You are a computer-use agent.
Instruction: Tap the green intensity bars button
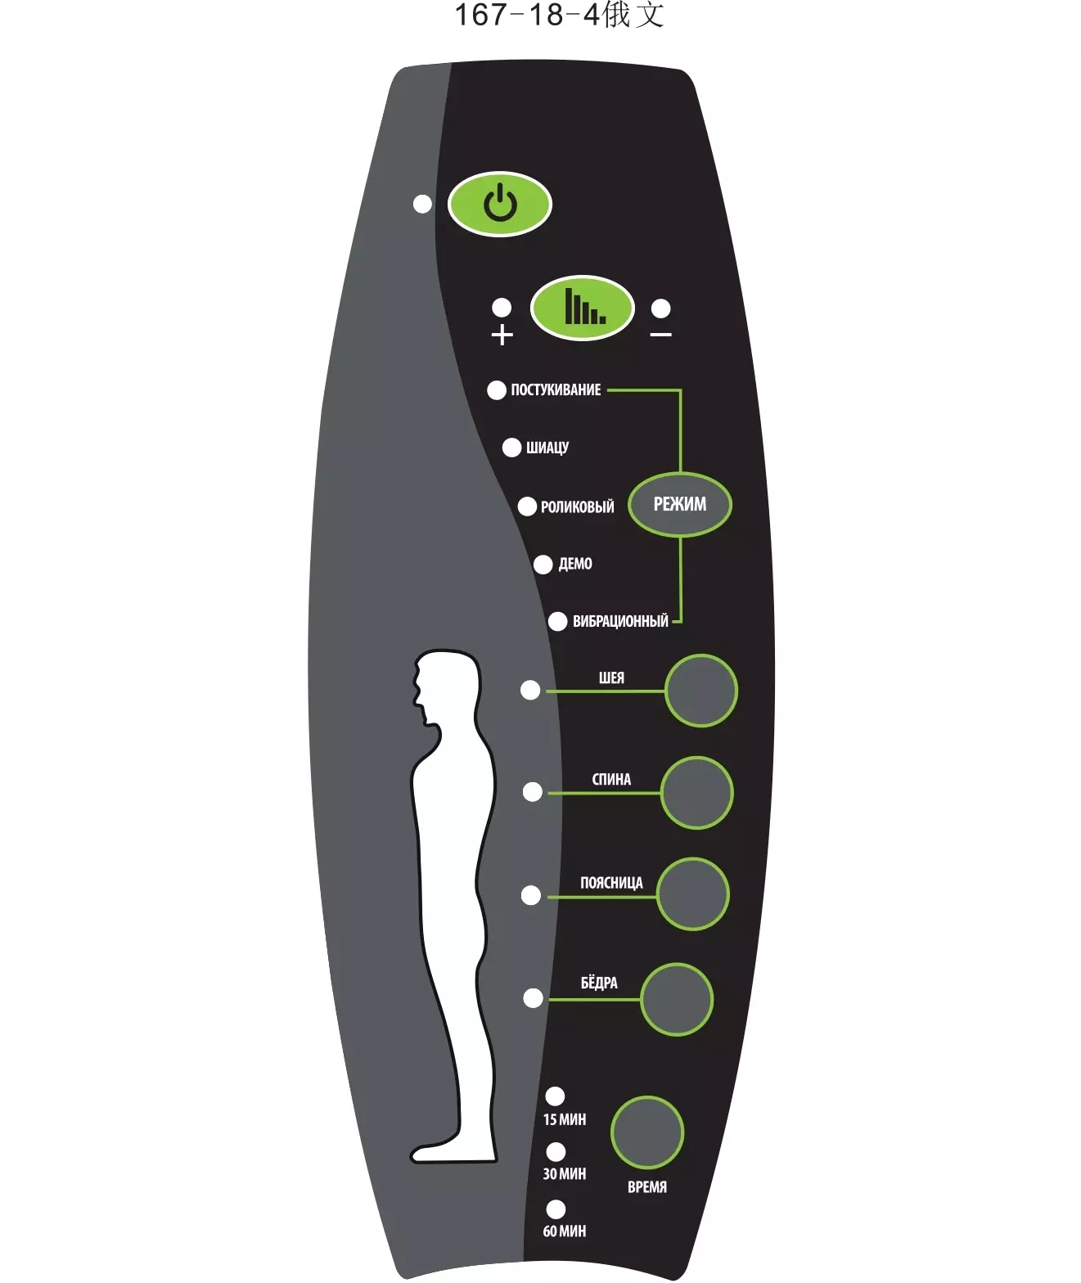tap(582, 307)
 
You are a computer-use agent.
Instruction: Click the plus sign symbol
tap(502, 335)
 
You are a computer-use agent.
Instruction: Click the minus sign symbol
tap(660, 335)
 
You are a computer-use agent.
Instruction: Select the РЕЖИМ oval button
tap(680, 505)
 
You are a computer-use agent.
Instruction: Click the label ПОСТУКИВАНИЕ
tap(556, 389)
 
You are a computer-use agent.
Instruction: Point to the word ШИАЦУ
tap(547, 448)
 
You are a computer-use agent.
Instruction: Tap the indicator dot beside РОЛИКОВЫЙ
tap(527, 506)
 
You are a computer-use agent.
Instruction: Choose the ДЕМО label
tap(575, 564)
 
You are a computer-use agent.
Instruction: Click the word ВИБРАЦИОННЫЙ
tap(620, 620)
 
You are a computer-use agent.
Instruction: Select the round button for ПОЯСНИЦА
tap(692, 894)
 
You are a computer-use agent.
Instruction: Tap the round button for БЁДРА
tap(677, 1000)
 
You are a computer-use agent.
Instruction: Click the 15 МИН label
tap(564, 1119)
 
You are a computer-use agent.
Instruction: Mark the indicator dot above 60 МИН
tap(556, 1209)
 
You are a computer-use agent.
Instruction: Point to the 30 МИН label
tap(564, 1173)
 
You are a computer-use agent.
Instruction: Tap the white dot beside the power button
tap(422, 204)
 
